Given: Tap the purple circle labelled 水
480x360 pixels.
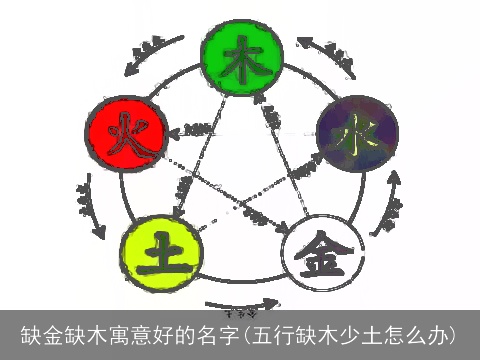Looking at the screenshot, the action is coord(357,133).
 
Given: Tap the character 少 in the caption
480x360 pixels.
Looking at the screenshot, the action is coord(339,333).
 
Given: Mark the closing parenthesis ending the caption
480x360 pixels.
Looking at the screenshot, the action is coord(454,333).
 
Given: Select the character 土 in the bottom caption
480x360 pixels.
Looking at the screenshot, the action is coord(361,333).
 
